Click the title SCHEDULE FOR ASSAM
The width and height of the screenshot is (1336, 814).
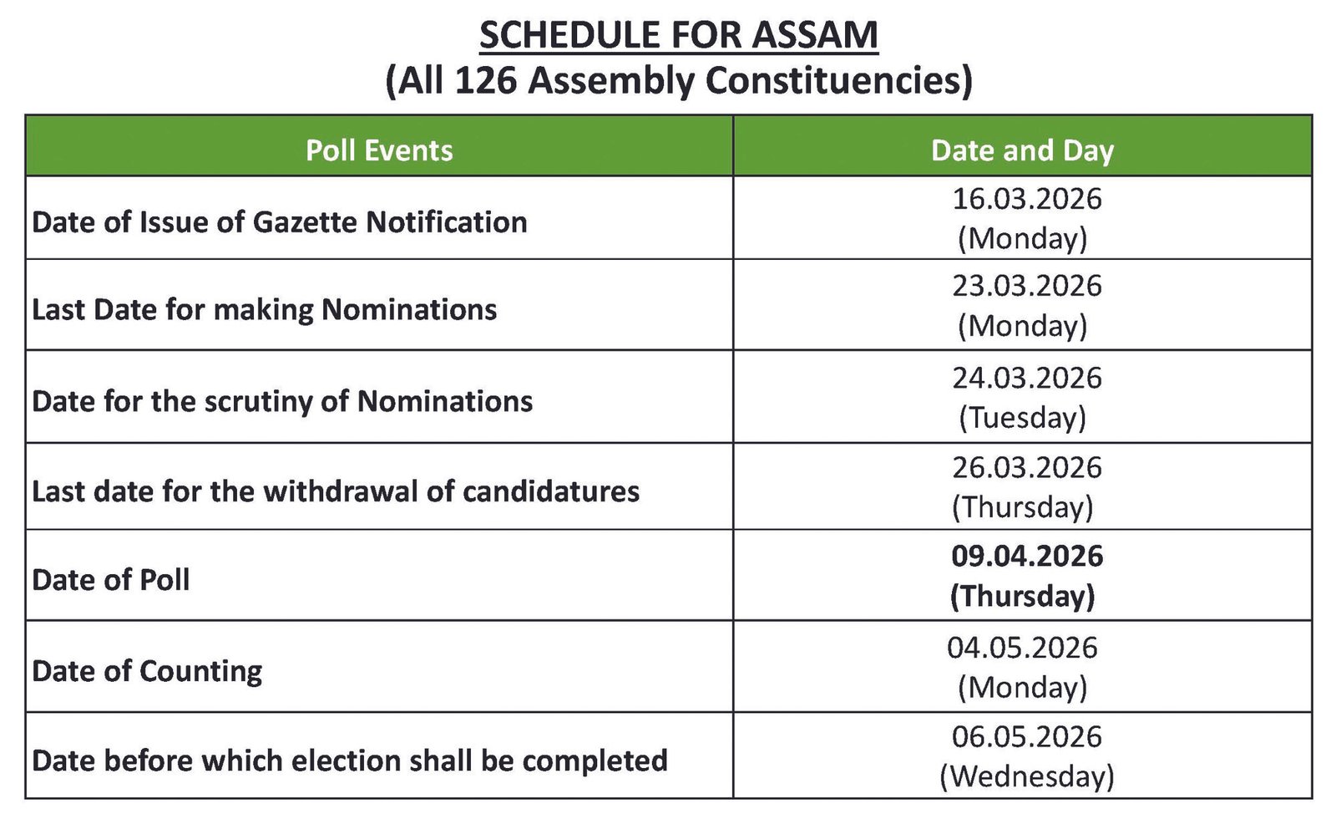pyautogui.click(x=678, y=35)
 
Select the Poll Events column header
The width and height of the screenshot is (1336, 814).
pyautogui.click(x=379, y=150)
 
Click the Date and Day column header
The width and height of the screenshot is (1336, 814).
pyautogui.click(x=1022, y=150)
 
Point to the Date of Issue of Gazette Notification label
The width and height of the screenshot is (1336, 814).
pyautogui.click(x=280, y=222)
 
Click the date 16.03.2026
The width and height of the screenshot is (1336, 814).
pyautogui.click(x=1026, y=199)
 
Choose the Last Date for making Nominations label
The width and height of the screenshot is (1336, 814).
pyautogui.click(x=265, y=310)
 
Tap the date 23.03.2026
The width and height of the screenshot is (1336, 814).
pyautogui.click(x=1026, y=286)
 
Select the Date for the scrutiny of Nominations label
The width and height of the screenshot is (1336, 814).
pyautogui.click(x=282, y=401)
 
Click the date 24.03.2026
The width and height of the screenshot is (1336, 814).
pyautogui.click(x=1026, y=378)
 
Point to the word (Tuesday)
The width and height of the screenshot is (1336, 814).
pyautogui.click(x=1022, y=417)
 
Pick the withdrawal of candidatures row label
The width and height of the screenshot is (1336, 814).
pyautogui.click(x=336, y=491)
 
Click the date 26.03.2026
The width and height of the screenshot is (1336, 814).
pyautogui.click(x=1026, y=467)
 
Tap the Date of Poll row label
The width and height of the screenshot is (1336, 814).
pyautogui.click(x=111, y=579)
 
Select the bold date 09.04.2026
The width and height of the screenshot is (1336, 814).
pyautogui.click(x=1026, y=556)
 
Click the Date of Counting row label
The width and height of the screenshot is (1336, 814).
pyautogui.click(x=147, y=670)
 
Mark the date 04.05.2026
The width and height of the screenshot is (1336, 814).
pyautogui.click(x=1022, y=648)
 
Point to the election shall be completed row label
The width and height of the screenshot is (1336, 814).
pyautogui.click(x=350, y=761)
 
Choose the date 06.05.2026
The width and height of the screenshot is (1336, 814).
pyautogui.click(x=1026, y=736)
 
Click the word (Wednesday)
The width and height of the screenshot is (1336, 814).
pyautogui.click(x=1026, y=776)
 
